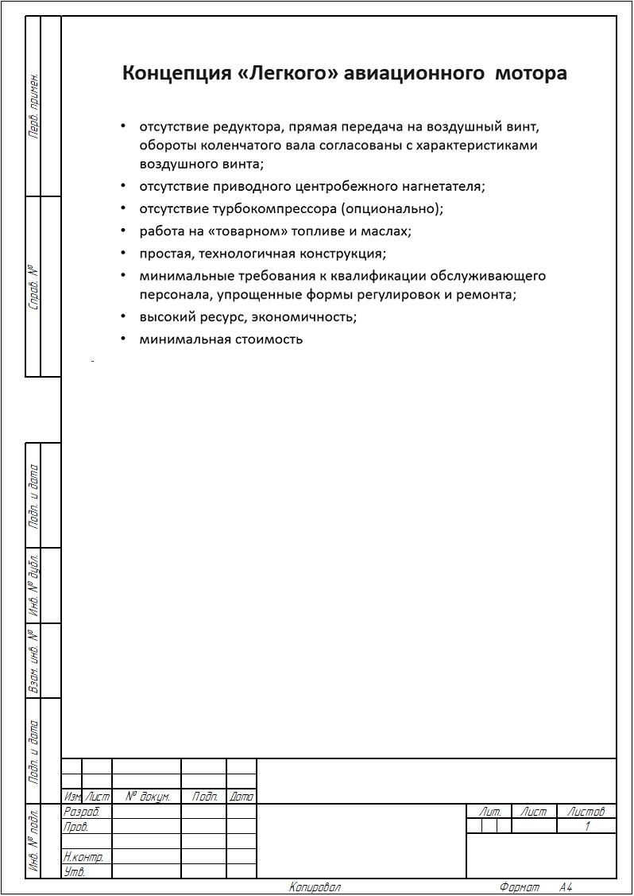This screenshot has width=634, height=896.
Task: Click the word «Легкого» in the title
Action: (x=288, y=73)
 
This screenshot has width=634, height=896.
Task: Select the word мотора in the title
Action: (x=531, y=73)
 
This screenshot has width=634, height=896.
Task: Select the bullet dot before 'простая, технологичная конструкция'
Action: (x=123, y=253)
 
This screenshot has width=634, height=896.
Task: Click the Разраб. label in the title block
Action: (x=81, y=812)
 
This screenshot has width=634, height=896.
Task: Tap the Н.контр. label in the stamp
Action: (x=83, y=857)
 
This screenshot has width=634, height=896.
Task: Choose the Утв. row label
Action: (x=74, y=872)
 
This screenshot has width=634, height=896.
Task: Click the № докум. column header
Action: (x=147, y=797)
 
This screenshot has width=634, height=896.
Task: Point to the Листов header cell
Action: (x=586, y=812)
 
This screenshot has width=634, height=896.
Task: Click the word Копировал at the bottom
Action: (x=315, y=887)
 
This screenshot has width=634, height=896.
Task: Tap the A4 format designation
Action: (x=565, y=887)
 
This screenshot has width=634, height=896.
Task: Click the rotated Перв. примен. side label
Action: (x=33, y=107)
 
